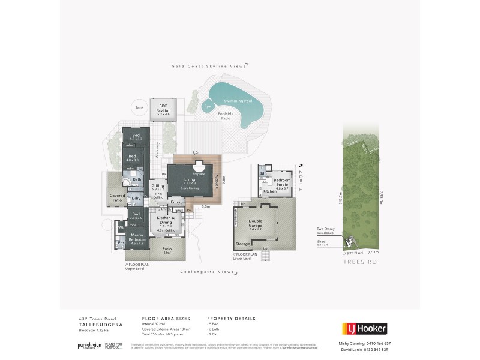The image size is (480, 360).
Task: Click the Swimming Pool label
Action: (238, 101)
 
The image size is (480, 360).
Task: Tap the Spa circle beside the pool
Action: (208, 106)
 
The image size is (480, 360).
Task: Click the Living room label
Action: (190, 180)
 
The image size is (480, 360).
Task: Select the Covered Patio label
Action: (117, 197)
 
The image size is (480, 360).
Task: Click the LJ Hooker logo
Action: (365, 328)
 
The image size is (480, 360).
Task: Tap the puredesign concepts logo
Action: (88, 346)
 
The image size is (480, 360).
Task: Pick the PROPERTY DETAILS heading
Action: (231, 319)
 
